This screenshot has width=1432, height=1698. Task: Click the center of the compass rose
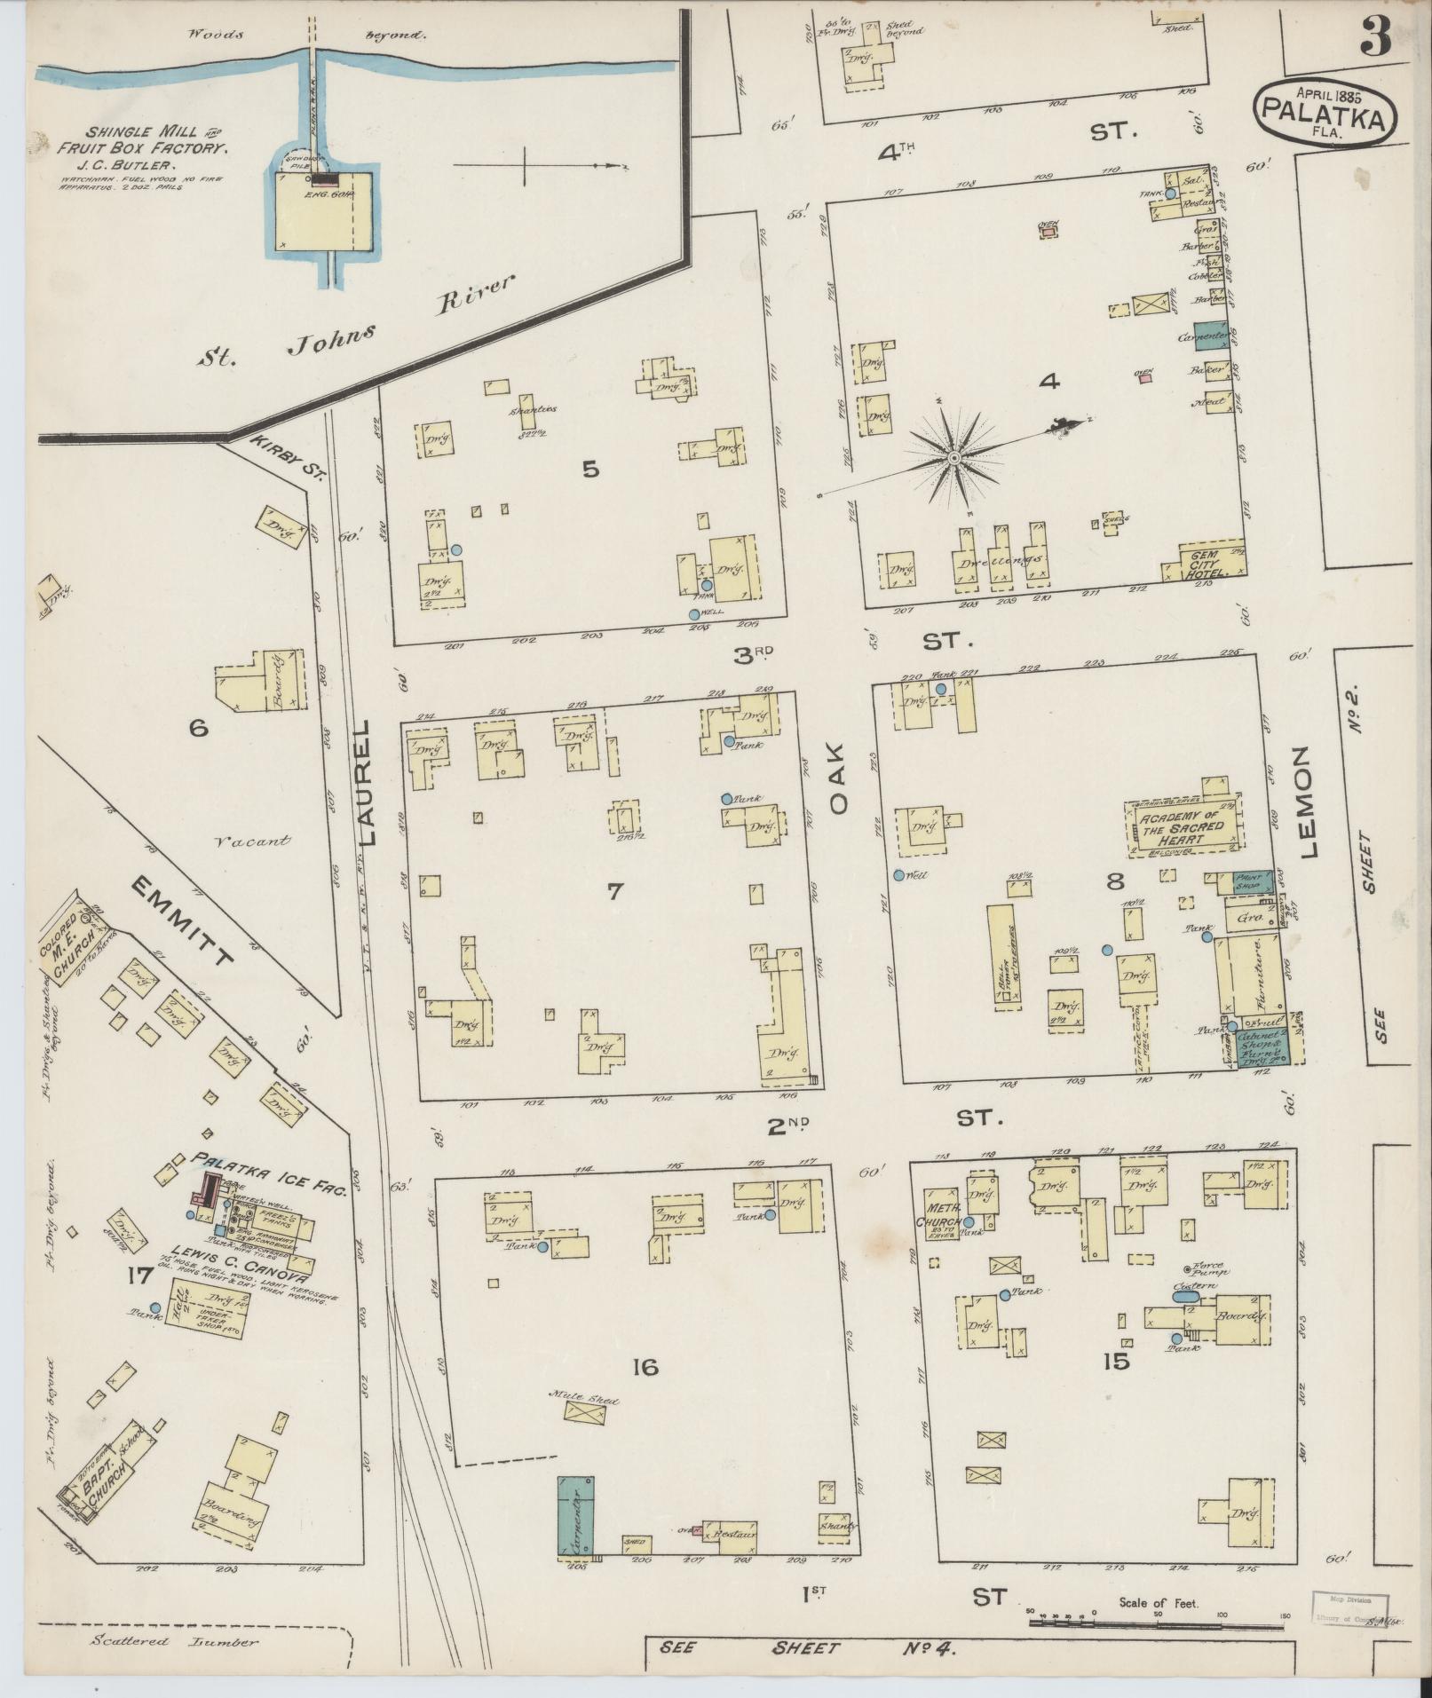(x=954, y=457)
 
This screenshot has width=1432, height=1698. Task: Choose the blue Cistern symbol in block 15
(x=1184, y=1297)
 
